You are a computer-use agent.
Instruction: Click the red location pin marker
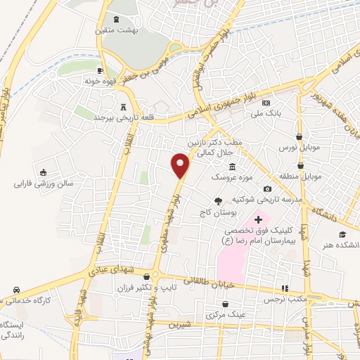click(x=181, y=165)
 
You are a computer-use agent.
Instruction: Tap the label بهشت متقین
click(x=116, y=31)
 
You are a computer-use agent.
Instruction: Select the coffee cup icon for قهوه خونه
click(x=101, y=71)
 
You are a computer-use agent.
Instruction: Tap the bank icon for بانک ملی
click(x=266, y=103)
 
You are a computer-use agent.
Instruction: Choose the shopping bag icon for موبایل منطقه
click(x=300, y=162)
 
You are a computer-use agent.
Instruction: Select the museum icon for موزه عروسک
click(x=232, y=165)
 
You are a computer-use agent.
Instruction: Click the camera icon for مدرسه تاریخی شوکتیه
click(x=267, y=188)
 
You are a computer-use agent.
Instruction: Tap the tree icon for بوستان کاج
click(x=226, y=201)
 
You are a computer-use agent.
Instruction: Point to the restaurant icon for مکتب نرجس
click(x=285, y=288)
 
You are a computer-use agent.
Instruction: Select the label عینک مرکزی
click(x=225, y=314)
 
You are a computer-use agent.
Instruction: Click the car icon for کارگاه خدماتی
click(x=15, y=290)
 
